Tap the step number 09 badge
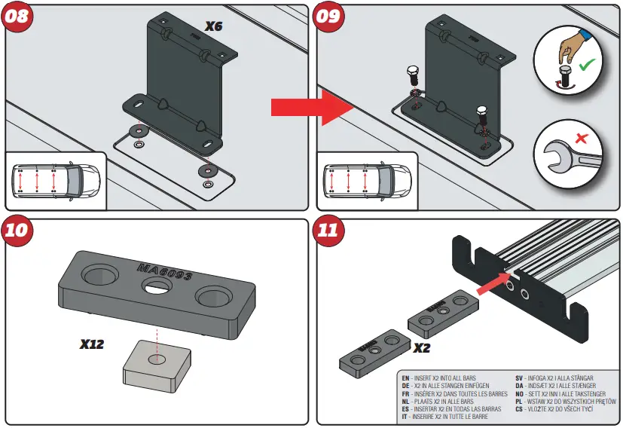[x=330, y=17]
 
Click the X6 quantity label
[x=215, y=26]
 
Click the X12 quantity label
[x=92, y=345]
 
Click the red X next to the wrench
[x=581, y=139]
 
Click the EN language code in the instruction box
[x=405, y=378]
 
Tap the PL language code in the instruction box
[x=519, y=402]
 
